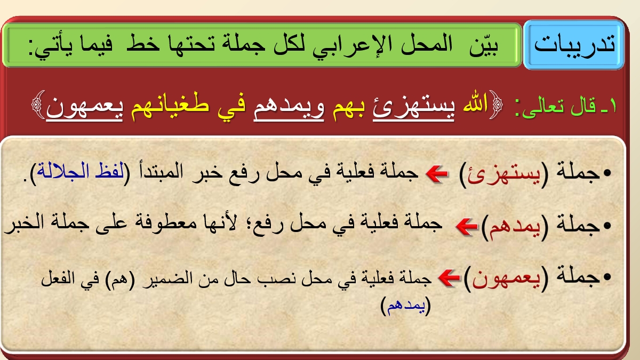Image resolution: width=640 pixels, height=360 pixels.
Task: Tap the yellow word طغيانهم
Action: [170, 105]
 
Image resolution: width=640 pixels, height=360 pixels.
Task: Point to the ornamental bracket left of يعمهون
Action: [38, 105]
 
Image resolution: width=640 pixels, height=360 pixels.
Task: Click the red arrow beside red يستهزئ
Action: [437, 174]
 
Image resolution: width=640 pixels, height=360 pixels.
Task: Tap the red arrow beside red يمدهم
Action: [467, 226]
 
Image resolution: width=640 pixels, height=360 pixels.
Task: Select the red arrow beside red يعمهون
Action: [449, 278]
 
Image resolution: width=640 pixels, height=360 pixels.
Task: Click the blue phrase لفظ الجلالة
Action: [81, 171]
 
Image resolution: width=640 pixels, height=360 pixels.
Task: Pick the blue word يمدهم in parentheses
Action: [406, 306]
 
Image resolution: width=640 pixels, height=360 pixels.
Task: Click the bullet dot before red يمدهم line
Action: [607, 226]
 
